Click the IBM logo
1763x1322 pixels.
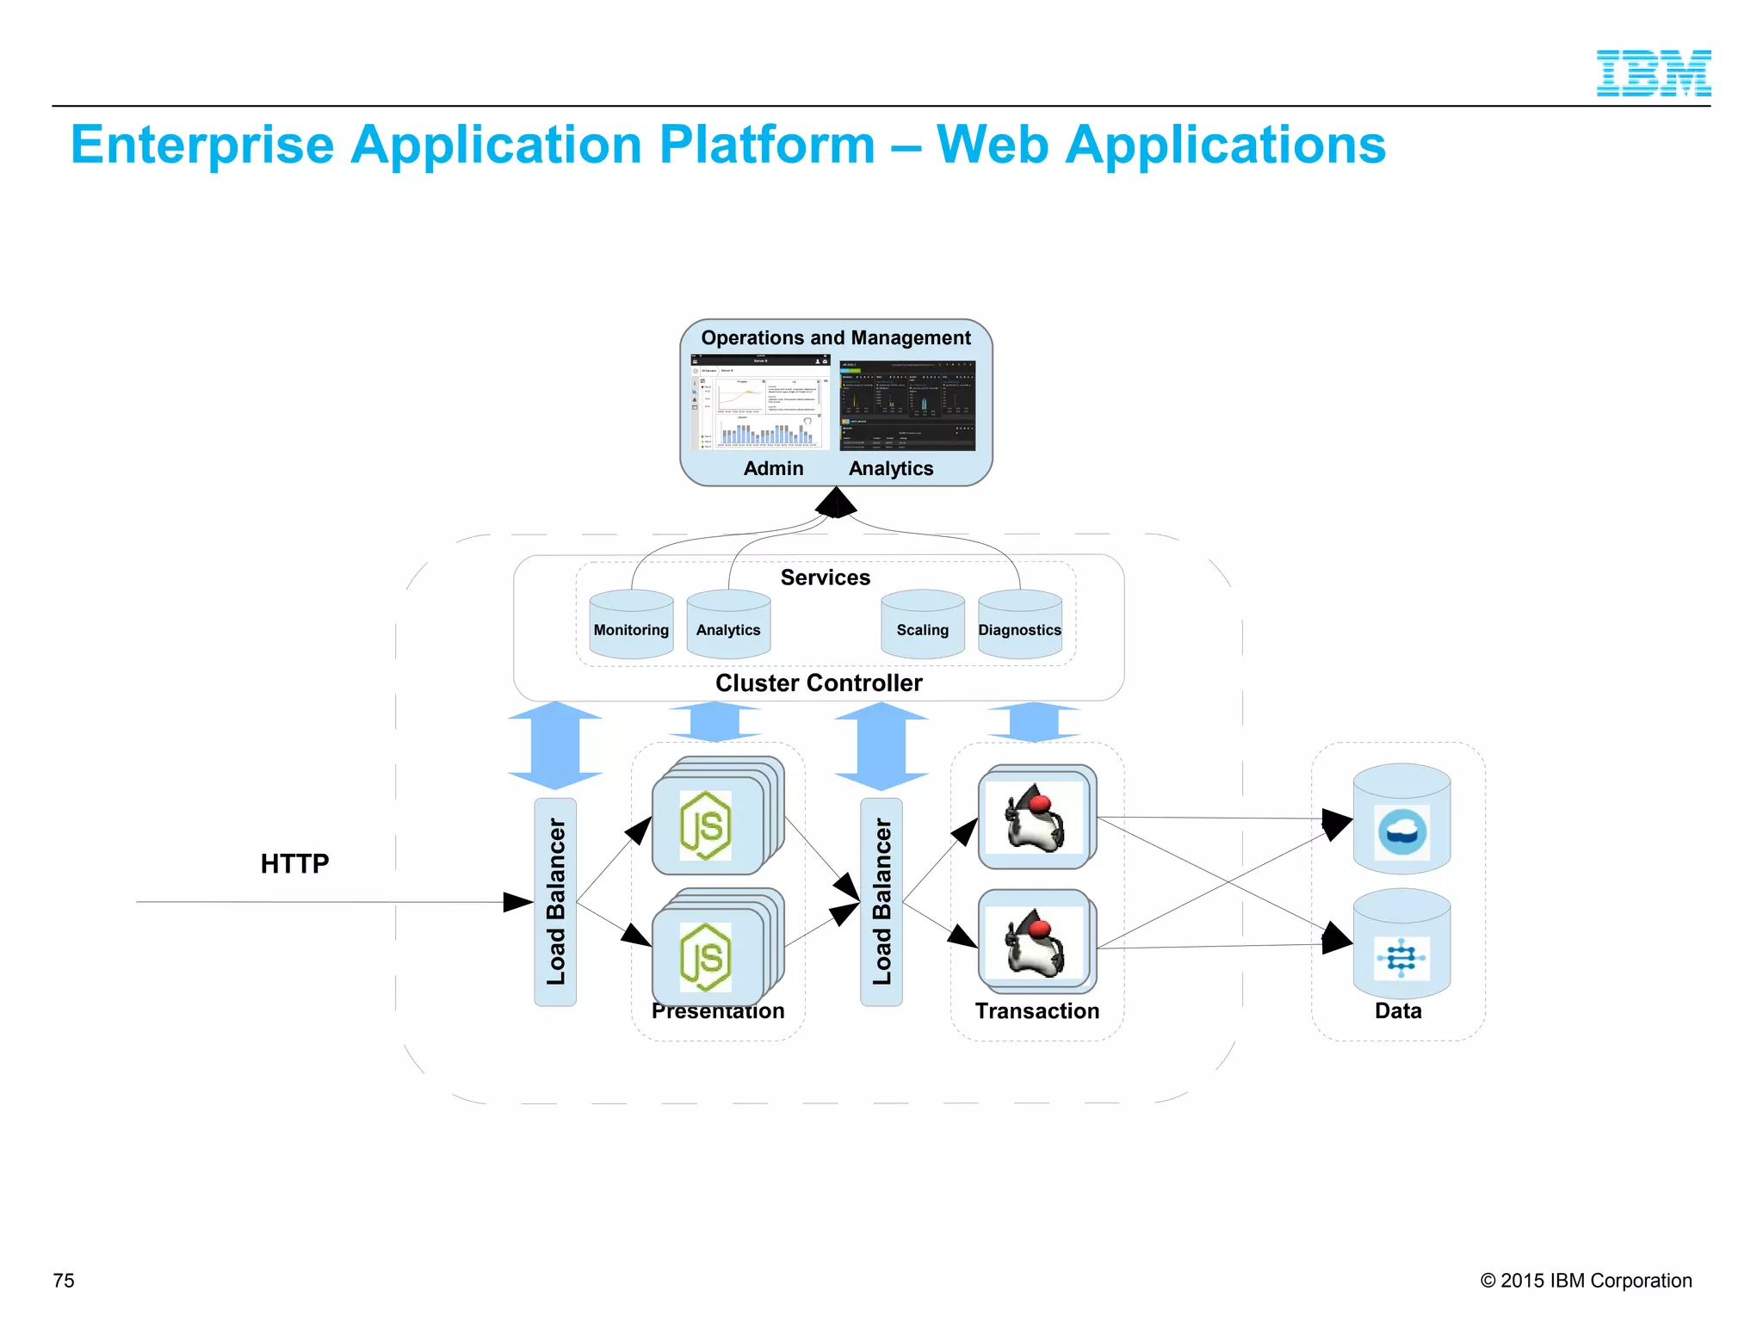tap(1653, 73)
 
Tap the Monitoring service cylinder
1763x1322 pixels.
tap(631, 626)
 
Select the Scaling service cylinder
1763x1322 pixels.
tap(922, 626)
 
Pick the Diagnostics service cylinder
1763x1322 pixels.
tap(1019, 626)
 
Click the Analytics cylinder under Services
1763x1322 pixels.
tap(728, 626)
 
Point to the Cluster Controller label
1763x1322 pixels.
tap(819, 683)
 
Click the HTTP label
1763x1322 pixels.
tap(294, 863)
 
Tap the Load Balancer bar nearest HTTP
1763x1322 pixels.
tap(555, 901)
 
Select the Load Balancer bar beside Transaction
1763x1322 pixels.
tap(881, 901)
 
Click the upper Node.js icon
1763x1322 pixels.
tap(706, 825)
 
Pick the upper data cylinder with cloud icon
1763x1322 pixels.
tap(1401, 820)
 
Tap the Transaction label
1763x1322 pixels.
tap(1036, 1011)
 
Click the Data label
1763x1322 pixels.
tap(1398, 1011)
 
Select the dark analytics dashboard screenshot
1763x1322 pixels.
tap(907, 405)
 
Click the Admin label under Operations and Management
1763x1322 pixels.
tap(773, 469)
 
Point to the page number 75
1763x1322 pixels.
tap(64, 1281)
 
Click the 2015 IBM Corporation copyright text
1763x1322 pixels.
tap(1586, 1281)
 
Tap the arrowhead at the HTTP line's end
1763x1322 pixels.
tap(519, 902)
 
